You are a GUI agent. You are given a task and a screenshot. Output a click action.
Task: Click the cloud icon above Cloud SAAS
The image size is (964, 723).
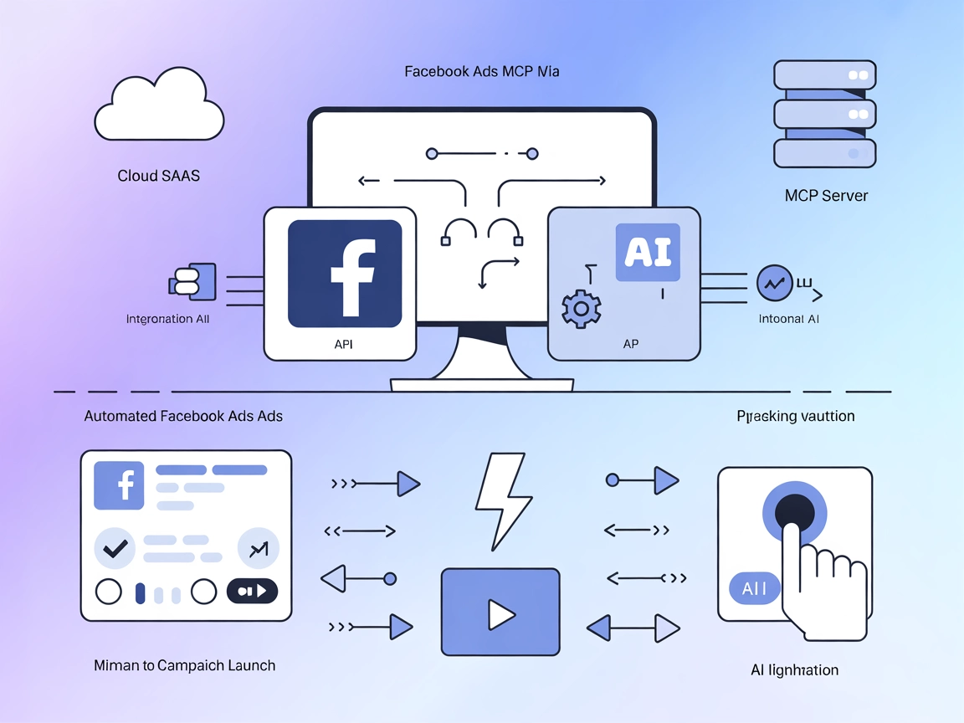click(x=159, y=109)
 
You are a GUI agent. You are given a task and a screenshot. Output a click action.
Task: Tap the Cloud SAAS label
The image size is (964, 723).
click(x=159, y=177)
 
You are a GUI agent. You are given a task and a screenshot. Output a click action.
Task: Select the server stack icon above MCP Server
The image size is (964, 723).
click(x=824, y=114)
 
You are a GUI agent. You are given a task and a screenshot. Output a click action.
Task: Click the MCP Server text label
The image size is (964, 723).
click(x=826, y=196)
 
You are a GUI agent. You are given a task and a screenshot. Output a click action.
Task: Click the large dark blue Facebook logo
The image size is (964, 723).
click(x=345, y=274)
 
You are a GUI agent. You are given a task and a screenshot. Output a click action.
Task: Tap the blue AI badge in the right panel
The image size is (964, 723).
click(x=647, y=251)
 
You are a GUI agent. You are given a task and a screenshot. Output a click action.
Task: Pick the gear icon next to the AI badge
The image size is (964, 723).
click(x=581, y=309)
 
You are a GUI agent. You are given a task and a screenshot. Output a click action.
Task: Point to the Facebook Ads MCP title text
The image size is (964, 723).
click(x=482, y=72)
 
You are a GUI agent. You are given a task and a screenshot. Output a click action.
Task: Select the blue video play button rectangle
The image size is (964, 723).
click(x=500, y=612)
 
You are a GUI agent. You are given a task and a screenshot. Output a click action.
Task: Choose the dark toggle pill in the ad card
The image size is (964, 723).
click(x=252, y=591)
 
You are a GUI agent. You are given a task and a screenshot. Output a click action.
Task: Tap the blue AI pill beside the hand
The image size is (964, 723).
click(x=754, y=589)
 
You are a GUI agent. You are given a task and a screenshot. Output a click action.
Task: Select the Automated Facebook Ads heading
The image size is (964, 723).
click(x=183, y=416)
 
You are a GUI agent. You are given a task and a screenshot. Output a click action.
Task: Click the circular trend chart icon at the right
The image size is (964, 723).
click(x=773, y=284)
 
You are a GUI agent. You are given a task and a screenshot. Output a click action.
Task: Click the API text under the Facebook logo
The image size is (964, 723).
click(x=344, y=344)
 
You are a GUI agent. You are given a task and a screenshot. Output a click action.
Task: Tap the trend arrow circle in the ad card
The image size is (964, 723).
click(x=258, y=548)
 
